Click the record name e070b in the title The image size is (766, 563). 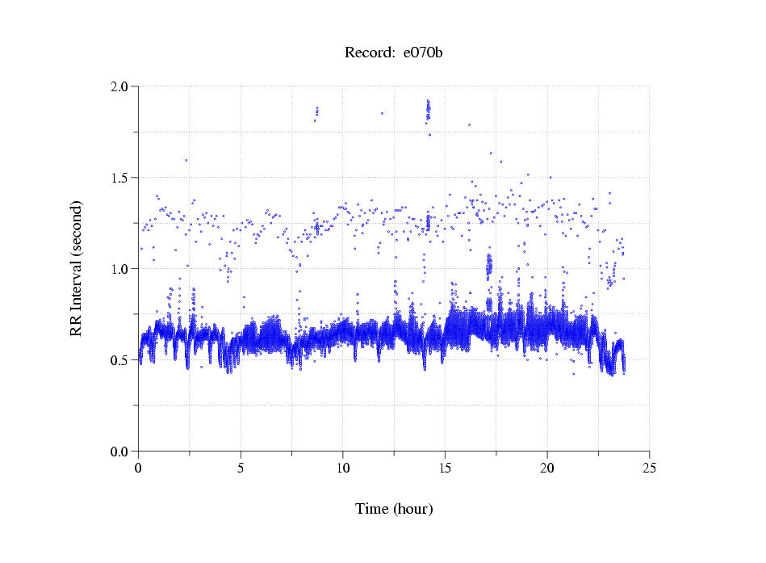pos(423,53)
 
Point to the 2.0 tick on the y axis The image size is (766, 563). pos(122,86)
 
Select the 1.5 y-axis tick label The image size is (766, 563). pos(122,178)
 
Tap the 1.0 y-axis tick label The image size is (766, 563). pos(122,269)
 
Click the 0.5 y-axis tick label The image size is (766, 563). pos(122,360)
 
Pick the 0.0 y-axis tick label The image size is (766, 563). pos(122,452)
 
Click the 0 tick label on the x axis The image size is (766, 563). pos(139,467)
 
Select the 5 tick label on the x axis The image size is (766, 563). pos(241,467)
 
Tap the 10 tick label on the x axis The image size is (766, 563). pos(343,467)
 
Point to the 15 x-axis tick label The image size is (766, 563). pos(446,467)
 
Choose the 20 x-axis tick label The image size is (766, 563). pos(547,467)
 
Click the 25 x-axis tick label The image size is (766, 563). pos(650,467)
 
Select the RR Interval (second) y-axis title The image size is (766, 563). pos(76,268)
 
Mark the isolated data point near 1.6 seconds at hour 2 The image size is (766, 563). pos(186,160)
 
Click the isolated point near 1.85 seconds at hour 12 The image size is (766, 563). pos(382,113)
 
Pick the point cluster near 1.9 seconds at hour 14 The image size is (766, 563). pos(428,109)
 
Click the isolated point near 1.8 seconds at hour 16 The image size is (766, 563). pos(469,125)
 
